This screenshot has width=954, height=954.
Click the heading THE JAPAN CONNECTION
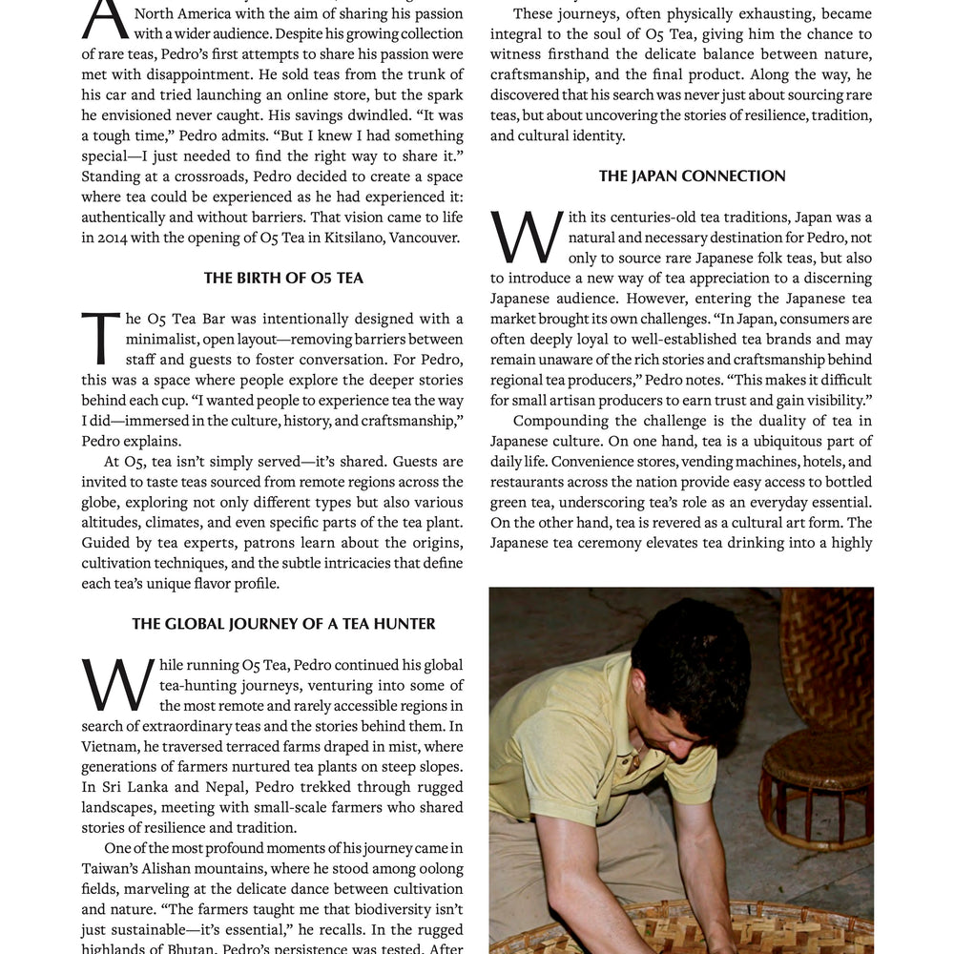tap(693, 176)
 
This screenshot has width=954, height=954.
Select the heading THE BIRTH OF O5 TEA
tap(283, 278)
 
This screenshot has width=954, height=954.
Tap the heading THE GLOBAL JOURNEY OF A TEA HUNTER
tap(283, 624)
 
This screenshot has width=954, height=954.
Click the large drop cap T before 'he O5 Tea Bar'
tap(100, 339)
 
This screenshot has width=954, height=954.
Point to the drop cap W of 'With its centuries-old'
tap(525, 238)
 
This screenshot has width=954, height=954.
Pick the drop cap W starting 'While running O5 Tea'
tap(117, 685)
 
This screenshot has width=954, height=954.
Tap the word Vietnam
tap(110, 746)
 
